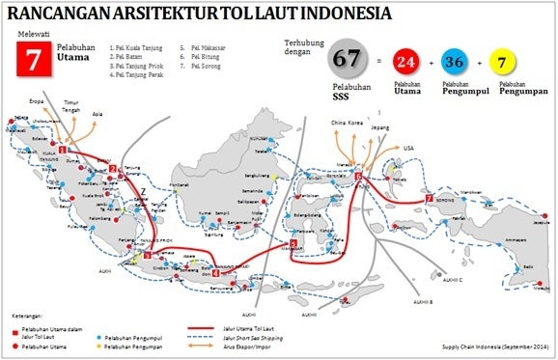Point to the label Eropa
[40, 98]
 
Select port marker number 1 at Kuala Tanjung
[63, 151]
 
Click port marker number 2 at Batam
[113, 168]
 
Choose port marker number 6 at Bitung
[358, 178]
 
